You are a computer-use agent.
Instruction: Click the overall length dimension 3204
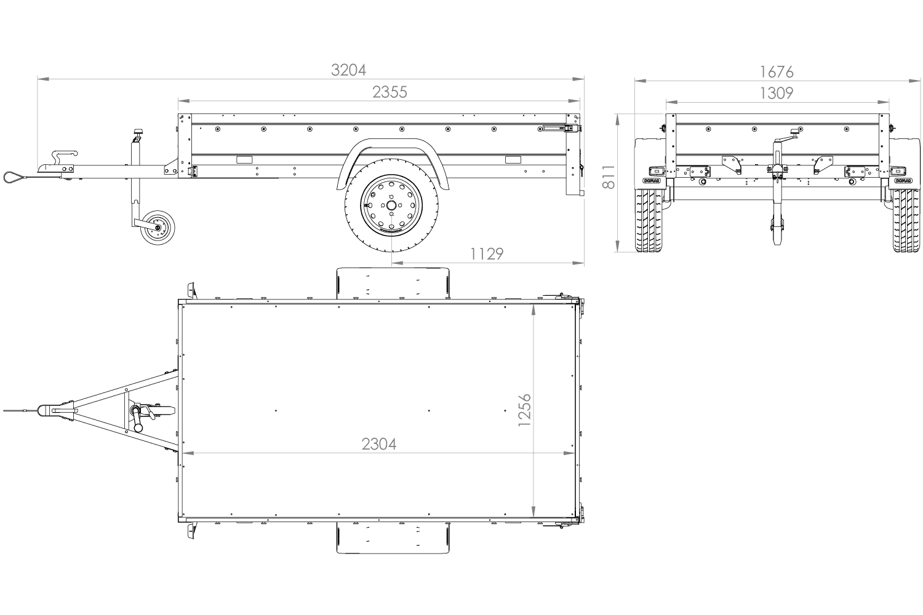(x=348, y=70)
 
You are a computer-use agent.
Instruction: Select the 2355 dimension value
(x=390, y=92)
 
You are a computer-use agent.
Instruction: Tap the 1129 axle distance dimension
(x=487, y=254)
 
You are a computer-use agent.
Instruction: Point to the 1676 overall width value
(x=777, y=72)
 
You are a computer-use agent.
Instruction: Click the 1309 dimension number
(x=777, y=93)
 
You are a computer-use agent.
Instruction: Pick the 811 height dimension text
(x=609, y=177)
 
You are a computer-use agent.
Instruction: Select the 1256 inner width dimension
(x=524, y=410)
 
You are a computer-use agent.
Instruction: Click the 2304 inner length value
(x=378, y=444)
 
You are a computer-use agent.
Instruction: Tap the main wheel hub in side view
(x=391, y=205)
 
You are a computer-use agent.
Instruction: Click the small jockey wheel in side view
(x=158, y=228)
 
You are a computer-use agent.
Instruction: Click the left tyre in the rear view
(x=649, y=220)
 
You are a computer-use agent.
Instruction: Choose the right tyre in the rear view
(x=906, y=220)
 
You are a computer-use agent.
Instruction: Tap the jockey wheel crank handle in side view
(x=137, y=134)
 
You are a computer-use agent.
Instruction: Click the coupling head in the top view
(x=45, y=411)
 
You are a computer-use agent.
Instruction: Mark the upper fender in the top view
(x=393, y=283)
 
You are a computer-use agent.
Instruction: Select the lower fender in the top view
(x=393, y=538)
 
